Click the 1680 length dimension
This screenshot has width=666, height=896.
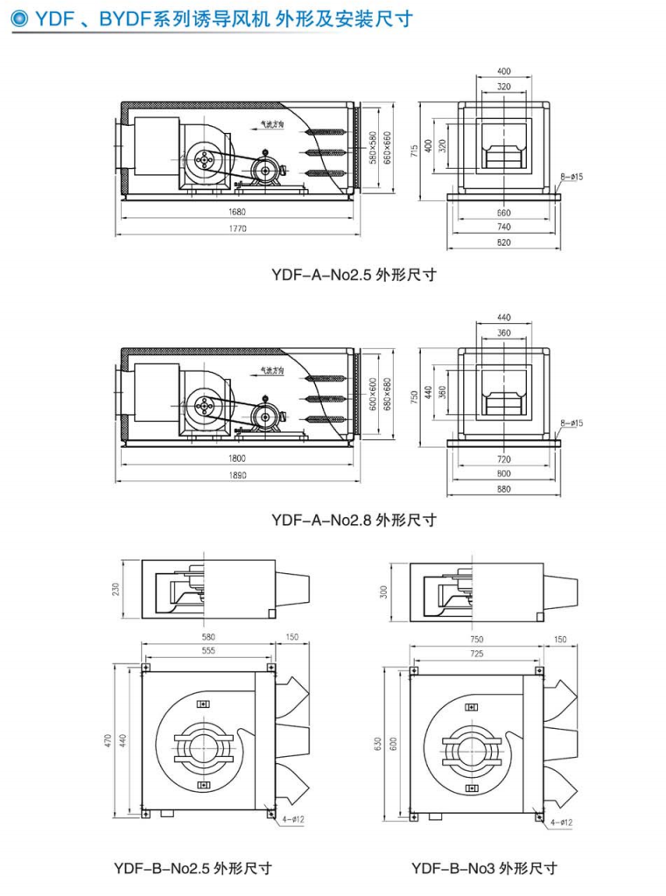coord(239,212)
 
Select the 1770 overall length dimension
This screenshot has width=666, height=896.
coord(239,229)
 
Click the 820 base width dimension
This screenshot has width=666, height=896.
coord(503,242)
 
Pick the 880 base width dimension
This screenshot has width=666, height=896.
coord(503,489)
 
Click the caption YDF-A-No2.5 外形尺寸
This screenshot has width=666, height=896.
coord(354,274)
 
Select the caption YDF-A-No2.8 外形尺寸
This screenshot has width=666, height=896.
coord(354,520)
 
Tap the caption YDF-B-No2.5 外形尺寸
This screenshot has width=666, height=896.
coord(193,868)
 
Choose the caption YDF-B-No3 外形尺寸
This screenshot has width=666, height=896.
coord(484,868)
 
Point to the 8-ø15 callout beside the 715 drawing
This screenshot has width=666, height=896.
coord(572,178)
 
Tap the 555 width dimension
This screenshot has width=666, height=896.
coord(208,651)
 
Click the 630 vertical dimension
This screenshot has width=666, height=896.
coord(377,744)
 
